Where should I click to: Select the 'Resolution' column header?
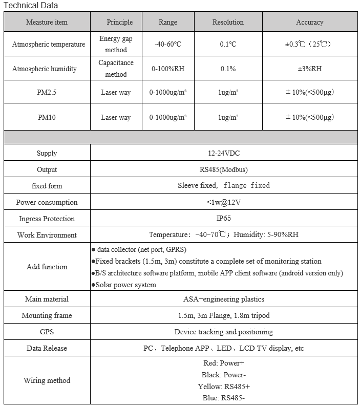(228, 22)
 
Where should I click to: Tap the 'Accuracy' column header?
(309, 22)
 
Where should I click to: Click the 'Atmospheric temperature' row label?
(49, 44)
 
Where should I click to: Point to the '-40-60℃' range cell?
(168, 44)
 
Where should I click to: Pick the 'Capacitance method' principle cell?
(116, 69)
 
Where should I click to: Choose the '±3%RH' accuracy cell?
(309, 69)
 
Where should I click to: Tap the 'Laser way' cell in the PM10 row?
(116, 117)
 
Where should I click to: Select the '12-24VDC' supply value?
(223, 153)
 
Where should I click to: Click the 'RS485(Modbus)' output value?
(223, 169)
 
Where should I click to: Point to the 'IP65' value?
(223, 219)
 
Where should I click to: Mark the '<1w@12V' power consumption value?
(223, 202)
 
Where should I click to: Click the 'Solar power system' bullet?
(126, 285)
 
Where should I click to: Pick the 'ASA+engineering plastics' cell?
(223, 299)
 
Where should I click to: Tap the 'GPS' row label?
(47, 332)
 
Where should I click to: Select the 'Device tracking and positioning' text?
(223, 332)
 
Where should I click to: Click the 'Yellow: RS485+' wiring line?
(224, 387)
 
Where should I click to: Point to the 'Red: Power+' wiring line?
(224, 363)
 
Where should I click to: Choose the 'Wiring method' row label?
(47, 380)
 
